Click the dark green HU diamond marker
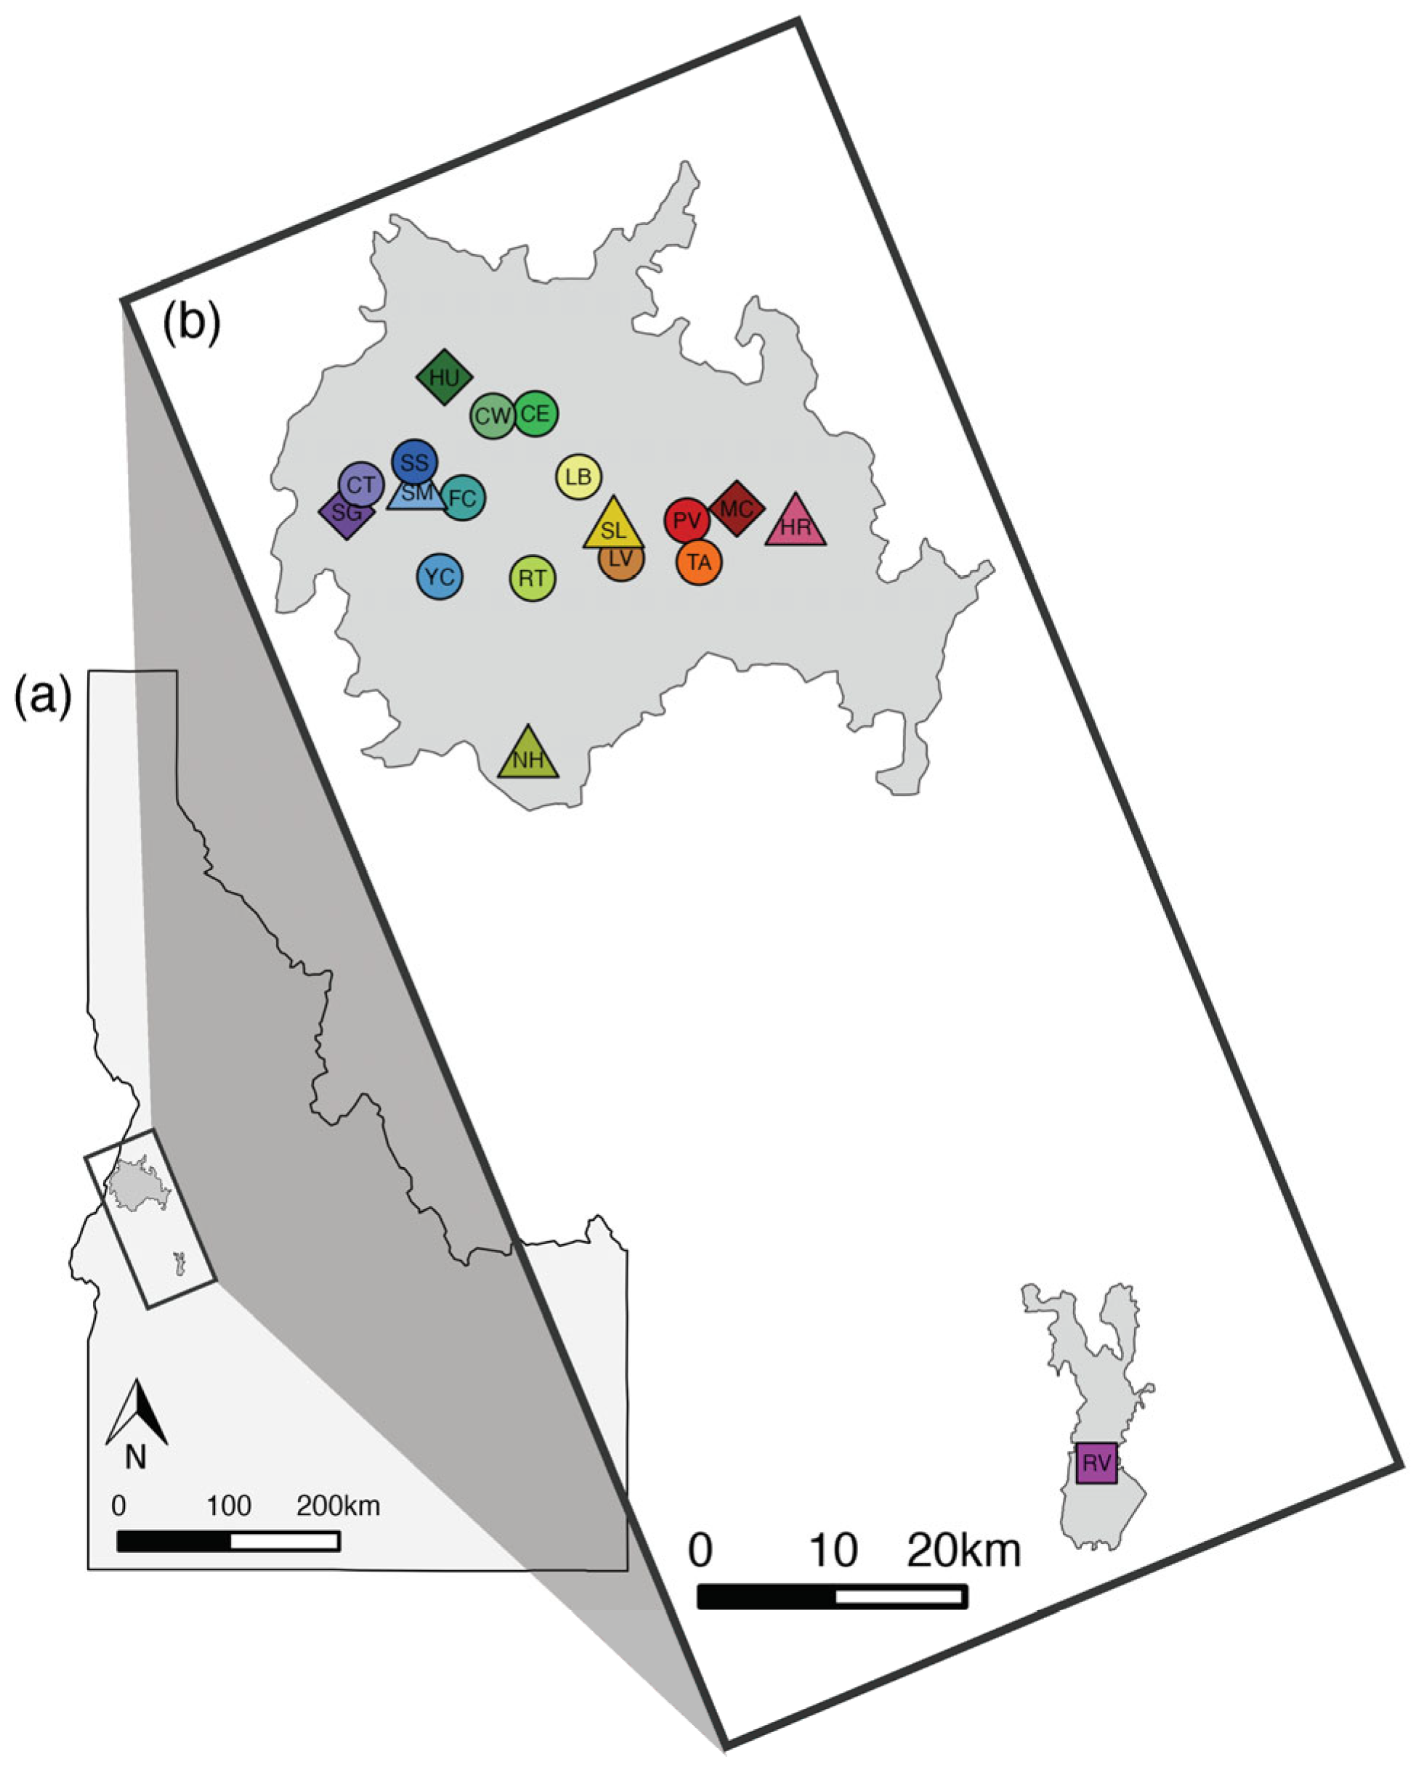(x=444, y=377)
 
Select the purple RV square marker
(x=1096, y=1463)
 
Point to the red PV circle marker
(x=687, y=521)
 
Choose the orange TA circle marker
(x=699, y=562)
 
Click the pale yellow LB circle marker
(x=579, y=476)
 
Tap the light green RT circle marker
(x=533, y=579)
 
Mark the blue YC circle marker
(x=440, y=576)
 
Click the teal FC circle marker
(x=464, y=497)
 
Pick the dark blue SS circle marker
(x=415, y=461)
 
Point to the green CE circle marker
(x=536, y=414)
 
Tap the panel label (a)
(x=44, y=697)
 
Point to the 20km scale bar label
(x=963, y=1551)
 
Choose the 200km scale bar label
(x=338, y=1506)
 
